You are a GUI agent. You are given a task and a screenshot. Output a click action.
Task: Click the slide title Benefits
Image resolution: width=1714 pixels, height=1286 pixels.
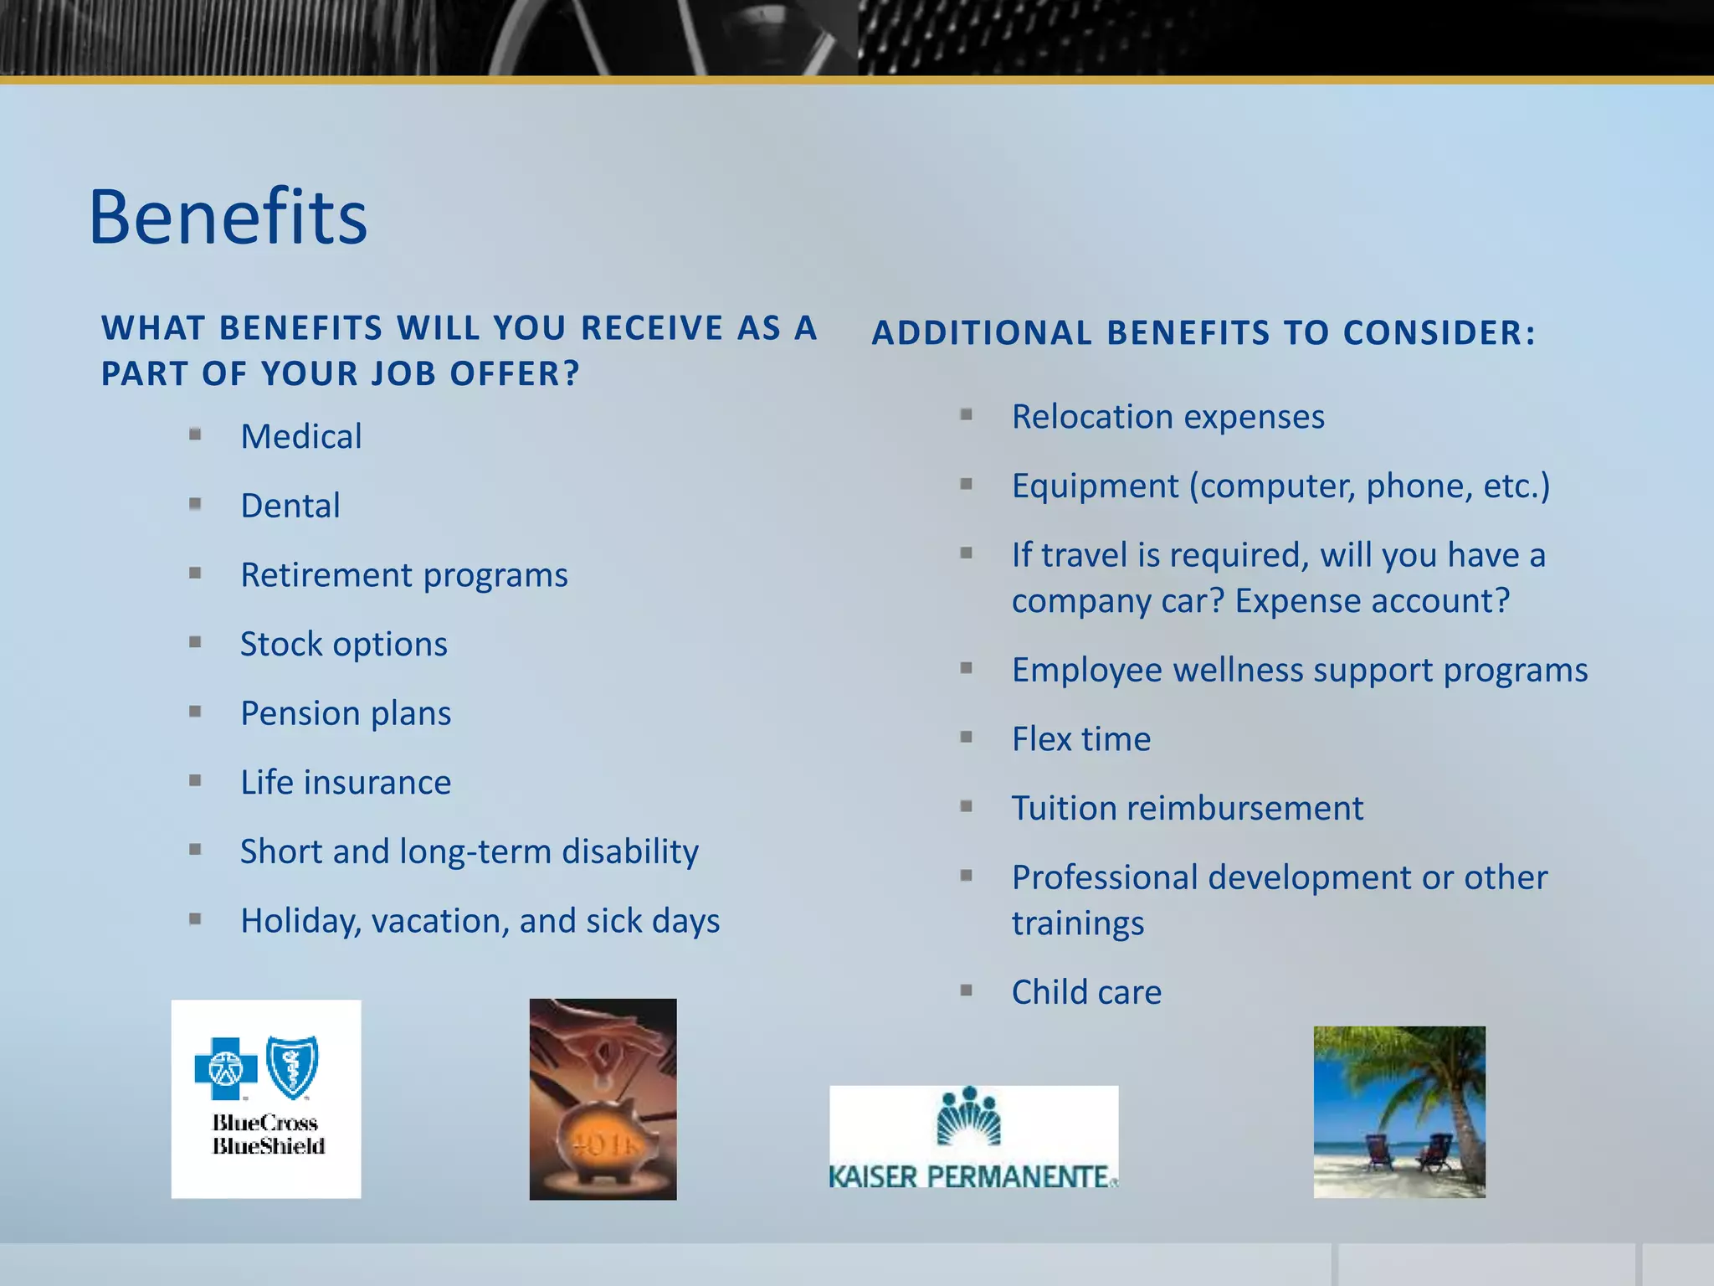pyautogui.click(x=228, y=217)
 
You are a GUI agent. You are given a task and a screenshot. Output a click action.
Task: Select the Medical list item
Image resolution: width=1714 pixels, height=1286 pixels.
pyautogui.click(x=301, y=437)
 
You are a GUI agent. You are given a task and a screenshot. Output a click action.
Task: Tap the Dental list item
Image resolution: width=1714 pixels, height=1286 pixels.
pyautogui.click(x=290, y=507)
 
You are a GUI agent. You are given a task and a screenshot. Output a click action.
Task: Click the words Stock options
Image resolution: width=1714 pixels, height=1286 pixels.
pyautogui.click(x=344, y=645)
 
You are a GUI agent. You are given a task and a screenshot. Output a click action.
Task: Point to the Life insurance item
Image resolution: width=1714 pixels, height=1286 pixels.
pyautogui.click(x=346, y=783)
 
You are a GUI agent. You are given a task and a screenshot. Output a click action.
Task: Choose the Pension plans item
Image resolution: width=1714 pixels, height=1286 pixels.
pyautogui.click(x=346, y=714)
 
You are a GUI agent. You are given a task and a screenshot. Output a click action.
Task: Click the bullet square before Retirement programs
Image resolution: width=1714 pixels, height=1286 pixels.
pyautogui.click(x=195, y=574)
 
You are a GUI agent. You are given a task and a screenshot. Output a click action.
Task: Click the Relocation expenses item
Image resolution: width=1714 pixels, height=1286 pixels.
pyautogui.click(x=1167, y=417)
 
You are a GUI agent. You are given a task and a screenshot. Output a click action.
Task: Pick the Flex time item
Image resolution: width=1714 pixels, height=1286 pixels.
pyautogui.click(x=1080, y=739)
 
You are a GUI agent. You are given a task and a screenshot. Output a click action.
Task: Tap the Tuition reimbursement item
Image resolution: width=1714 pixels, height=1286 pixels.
pyautogui.click(x=1187, y=809)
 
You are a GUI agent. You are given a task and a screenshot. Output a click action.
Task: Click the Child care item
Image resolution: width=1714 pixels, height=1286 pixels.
pyautogui.click(x=1086, y=993)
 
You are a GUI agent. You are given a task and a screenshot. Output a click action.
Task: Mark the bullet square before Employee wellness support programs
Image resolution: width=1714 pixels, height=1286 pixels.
pyautogui.click(x=967, y=668)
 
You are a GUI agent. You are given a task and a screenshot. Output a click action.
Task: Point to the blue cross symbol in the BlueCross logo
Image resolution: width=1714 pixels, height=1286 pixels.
pyautogui.click(x=225, y=1068)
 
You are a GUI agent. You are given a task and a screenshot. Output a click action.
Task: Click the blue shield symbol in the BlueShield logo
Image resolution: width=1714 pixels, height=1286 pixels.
pyautogui.click(x=292, y=1067)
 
